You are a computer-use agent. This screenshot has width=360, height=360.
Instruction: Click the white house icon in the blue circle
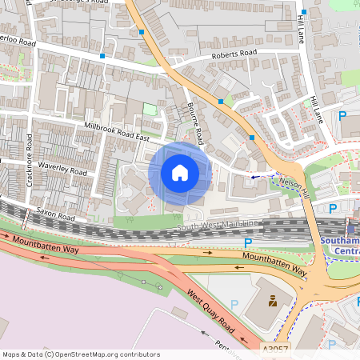180,173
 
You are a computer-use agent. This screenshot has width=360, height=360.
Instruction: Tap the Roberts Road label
234,54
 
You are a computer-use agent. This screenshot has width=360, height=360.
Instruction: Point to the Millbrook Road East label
118,133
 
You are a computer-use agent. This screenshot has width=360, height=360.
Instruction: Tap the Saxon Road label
56,217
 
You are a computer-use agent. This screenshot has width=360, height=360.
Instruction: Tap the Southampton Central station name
341,245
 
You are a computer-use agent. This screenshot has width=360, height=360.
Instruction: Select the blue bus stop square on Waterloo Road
102,56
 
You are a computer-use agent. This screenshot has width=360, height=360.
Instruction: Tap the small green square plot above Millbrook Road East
150,110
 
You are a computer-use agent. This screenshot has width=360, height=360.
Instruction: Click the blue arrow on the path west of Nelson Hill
256,176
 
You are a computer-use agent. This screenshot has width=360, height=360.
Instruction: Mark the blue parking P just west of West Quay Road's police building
234,303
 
